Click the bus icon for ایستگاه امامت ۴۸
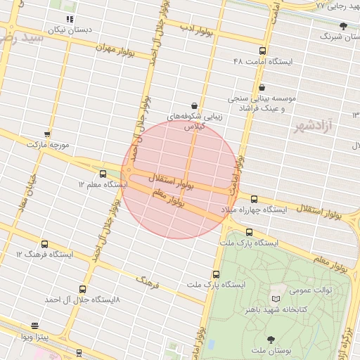click(x=262, y=51)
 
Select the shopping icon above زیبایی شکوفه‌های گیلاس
click(x=194, y=105)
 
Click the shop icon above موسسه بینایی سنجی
click(x=262, y=88)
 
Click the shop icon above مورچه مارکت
click(x=47, y=134)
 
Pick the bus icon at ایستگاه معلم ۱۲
click(x=103, y=174)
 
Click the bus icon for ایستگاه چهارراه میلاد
click(x=254, y=199)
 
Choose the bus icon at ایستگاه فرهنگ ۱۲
click(x=45, y=243)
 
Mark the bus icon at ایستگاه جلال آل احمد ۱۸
click(x=83, y=288)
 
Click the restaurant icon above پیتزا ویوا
click(x=35, y=326)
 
